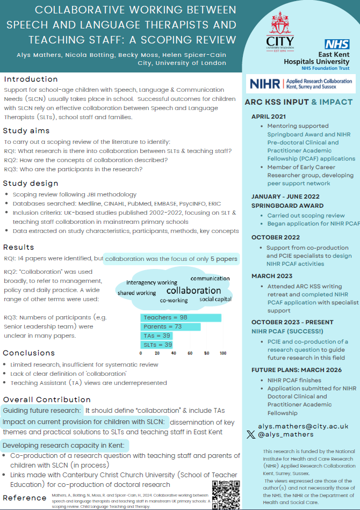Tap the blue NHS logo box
click(336, 45)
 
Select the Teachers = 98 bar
click(181, 318)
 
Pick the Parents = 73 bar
click(170, 327)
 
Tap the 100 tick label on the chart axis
click(222, 353)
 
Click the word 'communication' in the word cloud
click(210, 279)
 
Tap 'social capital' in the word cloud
click(215, 298)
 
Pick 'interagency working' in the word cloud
click(152, 282)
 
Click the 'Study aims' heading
click(26, 130)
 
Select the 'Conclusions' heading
click(28, 353)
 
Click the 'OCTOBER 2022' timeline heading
click(275, 237)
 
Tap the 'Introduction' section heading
click(31, 79)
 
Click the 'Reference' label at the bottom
click(24, 497)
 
